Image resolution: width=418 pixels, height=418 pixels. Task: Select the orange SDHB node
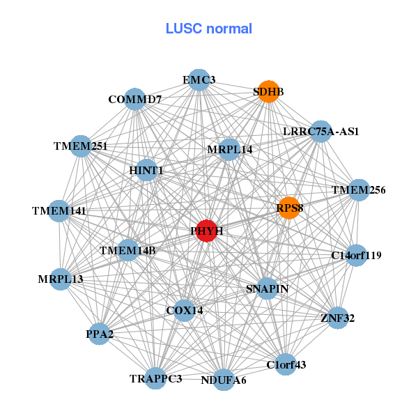point(268,92)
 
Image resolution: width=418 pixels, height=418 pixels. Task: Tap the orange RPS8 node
point(289,208)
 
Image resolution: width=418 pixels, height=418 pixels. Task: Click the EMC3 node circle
point(199,80)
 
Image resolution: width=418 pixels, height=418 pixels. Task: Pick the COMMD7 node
point(134,100)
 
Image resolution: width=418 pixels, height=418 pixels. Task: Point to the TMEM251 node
point(82,146)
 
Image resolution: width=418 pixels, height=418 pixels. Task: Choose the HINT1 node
point(146,170)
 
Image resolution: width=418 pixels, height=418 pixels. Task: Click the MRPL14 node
point(229,149)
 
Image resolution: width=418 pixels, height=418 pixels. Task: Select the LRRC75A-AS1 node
point(320,131)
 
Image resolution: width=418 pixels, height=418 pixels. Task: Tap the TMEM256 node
point(358,190)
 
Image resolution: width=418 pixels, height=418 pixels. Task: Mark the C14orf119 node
point(356,256)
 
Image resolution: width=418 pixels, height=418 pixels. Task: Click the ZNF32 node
point(337,318)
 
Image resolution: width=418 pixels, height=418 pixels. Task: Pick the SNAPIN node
point(268,288)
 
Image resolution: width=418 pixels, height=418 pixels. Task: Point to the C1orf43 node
point(286,364)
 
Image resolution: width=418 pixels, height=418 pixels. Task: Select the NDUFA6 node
point(223,380)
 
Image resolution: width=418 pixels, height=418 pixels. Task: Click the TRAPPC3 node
point(155,378)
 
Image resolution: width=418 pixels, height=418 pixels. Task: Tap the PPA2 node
point(100,334)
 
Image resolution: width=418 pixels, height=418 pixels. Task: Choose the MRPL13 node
point(61,279)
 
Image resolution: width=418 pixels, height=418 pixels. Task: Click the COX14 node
point(184,310)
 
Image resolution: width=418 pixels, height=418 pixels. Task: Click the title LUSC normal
point(209,29)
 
